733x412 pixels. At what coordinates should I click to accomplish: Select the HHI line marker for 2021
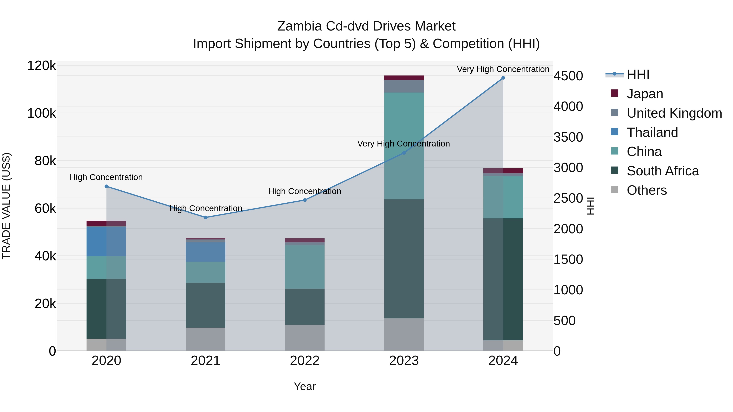[205, 217]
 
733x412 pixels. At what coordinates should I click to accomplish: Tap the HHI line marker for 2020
[106, 187]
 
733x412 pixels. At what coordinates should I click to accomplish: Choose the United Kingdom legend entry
[674, 113]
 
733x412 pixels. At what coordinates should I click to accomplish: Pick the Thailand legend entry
[652, 132]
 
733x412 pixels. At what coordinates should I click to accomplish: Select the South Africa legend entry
[662, 171]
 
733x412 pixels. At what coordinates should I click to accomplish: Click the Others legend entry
[646, 190]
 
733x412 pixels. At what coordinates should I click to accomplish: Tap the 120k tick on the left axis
[42, 66]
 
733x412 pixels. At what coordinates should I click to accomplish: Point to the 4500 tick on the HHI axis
[568, 76]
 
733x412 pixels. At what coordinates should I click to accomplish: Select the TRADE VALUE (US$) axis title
[6, 206]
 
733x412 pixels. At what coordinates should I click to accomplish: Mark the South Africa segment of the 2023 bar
[404, 259]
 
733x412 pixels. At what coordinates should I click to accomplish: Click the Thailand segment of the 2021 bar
[205, 252]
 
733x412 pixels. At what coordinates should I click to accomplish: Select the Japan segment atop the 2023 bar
[404, 78]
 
